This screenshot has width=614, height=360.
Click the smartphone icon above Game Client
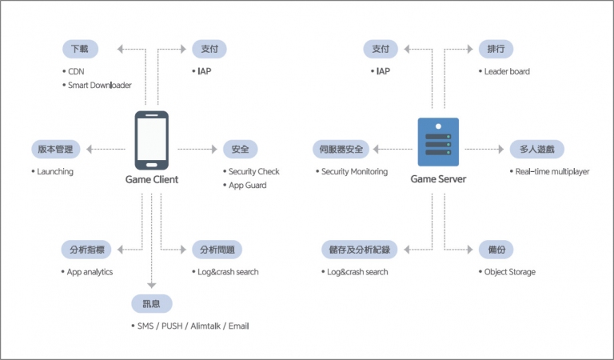[x=152, y=140]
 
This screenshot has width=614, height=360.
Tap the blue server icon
[x=438, y=142]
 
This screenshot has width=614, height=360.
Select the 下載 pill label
[x=80, y=49]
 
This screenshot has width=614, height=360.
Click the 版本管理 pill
[x=56, y=150]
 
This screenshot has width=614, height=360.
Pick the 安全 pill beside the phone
[x=241, y=150]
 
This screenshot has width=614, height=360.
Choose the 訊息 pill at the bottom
[x=152, y=303]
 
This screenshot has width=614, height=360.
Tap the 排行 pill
[x=496, y=49]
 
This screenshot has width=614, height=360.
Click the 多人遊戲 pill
[x=537, y=150]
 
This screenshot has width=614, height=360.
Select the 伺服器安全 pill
[x=341, y=150]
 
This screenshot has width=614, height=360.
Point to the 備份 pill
[x=496, y=250]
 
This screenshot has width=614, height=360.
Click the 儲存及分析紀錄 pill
[x=360, y=250]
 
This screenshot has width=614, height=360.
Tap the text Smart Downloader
[x=100, y=85]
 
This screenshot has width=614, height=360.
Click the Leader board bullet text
[x=507, y=71]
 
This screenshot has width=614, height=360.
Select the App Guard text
[x=248, y=186]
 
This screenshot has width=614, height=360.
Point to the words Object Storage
[x=510, y=272]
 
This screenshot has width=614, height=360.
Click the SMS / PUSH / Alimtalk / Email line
[x=193, y=326]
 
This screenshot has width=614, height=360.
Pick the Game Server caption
[x=438, y=179]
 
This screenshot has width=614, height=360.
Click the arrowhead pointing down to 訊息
[x=152, y=285]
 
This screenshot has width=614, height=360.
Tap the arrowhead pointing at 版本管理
[x=90, y=150]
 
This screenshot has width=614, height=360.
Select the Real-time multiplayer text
[x=552, y=171]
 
